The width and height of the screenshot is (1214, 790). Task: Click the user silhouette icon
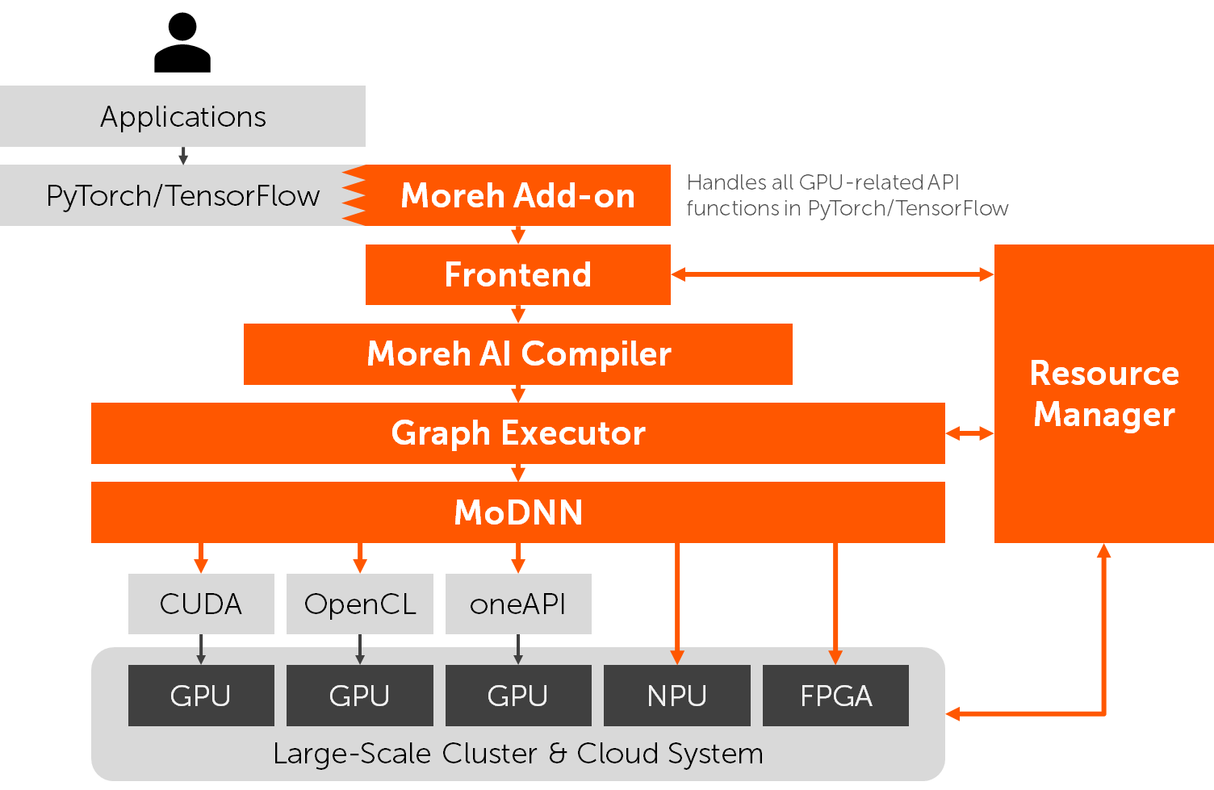coord(182,44)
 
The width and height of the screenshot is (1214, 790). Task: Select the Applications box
coord(182,117)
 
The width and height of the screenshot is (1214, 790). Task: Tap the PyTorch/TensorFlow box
coord(182,196)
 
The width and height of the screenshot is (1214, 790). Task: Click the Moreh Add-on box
coord(517,195)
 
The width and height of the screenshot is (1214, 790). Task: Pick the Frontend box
coord(517,274)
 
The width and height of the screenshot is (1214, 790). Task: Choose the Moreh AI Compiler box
coord(517,354)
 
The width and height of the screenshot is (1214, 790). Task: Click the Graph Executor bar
coord(517,433)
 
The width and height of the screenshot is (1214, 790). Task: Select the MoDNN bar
coord(517,512)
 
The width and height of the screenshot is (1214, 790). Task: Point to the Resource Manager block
coord(1103,394)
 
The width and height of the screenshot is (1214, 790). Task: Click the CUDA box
coord(201,604)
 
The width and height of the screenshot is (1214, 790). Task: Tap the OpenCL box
coord(360,604)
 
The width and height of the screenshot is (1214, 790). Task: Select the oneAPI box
coord(518,604)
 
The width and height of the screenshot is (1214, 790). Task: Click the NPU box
coord(676,696)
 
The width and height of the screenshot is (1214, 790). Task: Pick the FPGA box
coord(835,696)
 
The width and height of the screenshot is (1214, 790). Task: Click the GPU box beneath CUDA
coord(201,696)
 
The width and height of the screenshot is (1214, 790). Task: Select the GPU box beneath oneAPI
coord(518,696)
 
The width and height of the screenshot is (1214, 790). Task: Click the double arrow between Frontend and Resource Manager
coord(832,274)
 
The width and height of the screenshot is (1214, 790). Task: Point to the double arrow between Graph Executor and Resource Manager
coord(969,434)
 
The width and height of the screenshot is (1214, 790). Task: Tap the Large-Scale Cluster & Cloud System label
coord(517,754)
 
